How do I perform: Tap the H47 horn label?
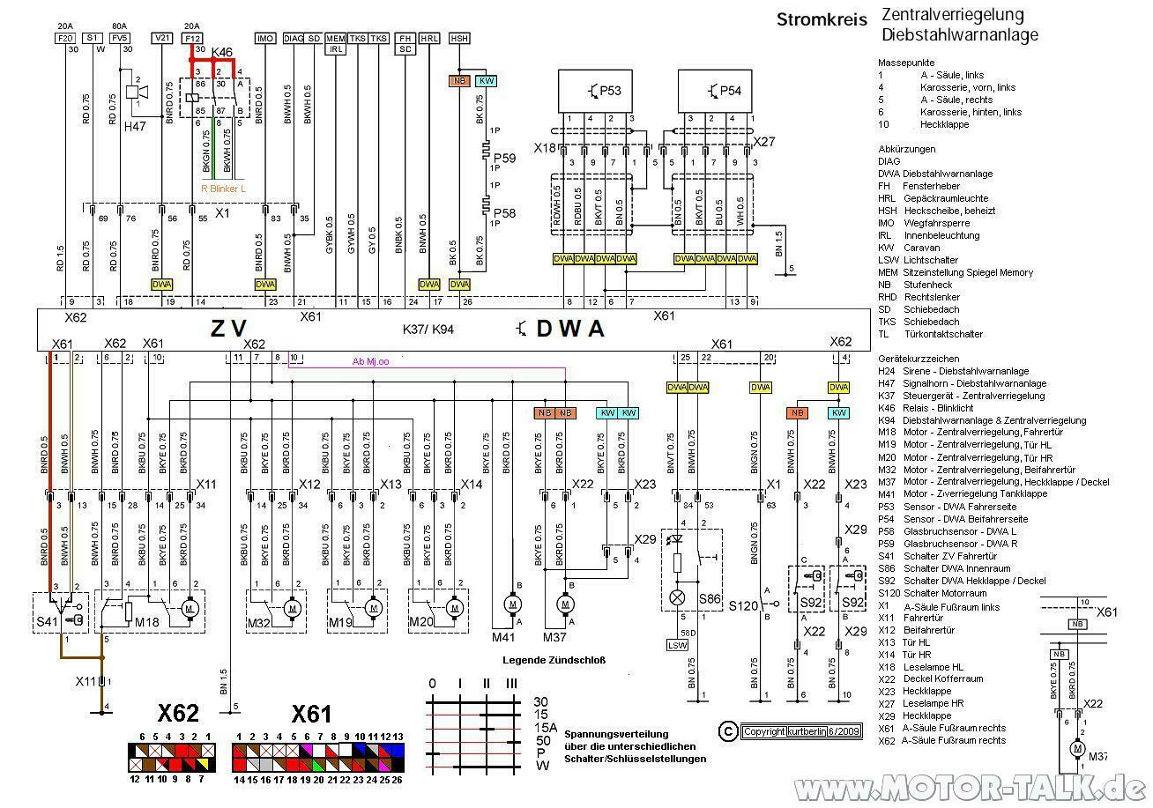(135, 126)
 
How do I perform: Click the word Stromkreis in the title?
(822, 19)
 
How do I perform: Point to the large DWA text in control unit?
(570, 329)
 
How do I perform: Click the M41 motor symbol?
(512, 603)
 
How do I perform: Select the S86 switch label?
(710, 598)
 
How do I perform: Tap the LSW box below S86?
(676, 645)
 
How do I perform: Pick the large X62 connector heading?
(178, 713)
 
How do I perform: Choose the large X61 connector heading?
(310, 713)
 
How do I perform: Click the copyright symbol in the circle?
(727, 730)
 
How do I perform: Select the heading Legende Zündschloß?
(554, 660)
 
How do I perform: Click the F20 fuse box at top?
(65, 39)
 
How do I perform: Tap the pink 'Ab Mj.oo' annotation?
(371, 361)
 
